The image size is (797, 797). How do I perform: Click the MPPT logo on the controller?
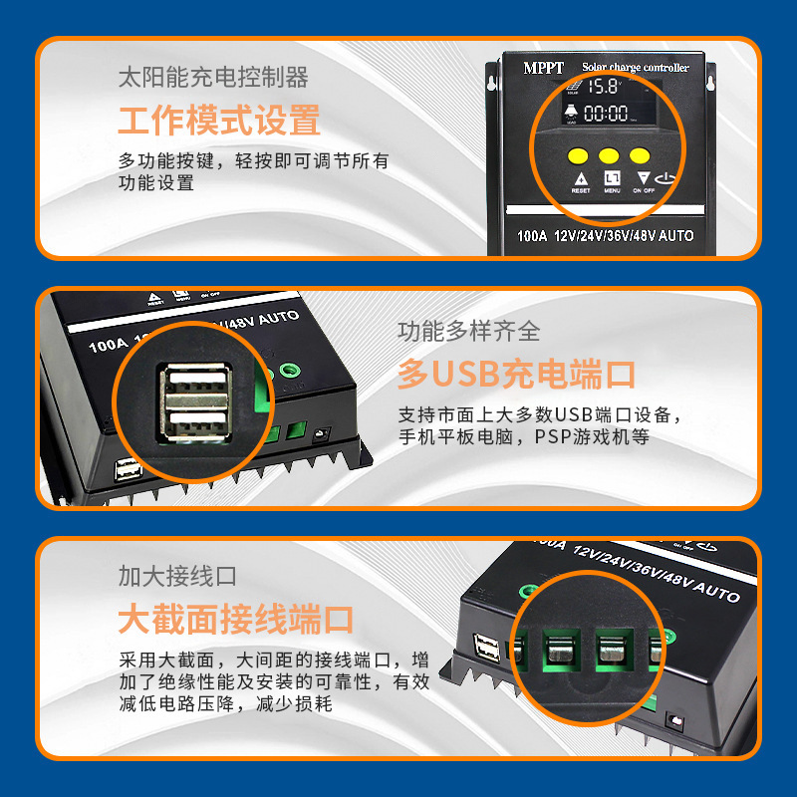pyautogui.click(x=544, y=68)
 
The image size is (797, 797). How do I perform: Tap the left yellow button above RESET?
pyautogui.click(x=578, y=155)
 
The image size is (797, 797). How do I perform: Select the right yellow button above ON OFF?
pyautogui.click(x=640, y=155)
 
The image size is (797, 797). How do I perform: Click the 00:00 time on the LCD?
pyautogui.click(x=605, y=114)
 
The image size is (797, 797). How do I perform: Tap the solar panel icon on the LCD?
pyautogui.click(x=571, y=88)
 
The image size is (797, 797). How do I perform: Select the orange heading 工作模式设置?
pyautogui.click(x=219, y=122)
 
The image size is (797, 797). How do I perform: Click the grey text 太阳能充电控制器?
pyautogui.click(x=212, y=78)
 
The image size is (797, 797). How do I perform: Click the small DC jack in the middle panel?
pyautogui.click(x=322, y=434)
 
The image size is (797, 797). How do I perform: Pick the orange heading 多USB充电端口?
pyautogui.click(x=516, y=375)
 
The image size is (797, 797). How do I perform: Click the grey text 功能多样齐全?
pyautogui.click(x=468, y=331)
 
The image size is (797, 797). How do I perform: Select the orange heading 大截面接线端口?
pyautogui.click(x=235, y=620)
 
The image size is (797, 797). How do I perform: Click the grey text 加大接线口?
pyautogui.click(x=176, y=576)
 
